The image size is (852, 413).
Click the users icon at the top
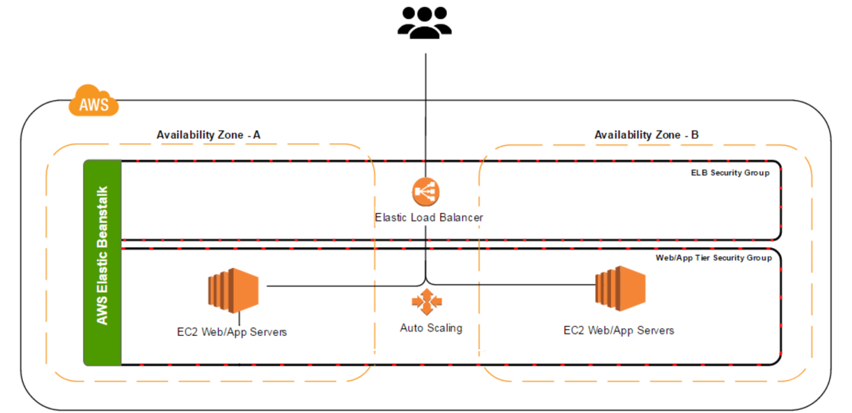[x=425, y=23]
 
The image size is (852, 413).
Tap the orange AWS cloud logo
[x=94, y=102]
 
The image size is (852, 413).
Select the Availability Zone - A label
[x=208, y=135]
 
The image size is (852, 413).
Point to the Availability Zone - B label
[x=646, y=135]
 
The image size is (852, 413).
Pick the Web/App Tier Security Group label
[x=713, y=259]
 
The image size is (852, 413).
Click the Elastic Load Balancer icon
[x=426, y=191]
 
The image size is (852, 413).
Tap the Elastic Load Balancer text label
[x=429, y=218]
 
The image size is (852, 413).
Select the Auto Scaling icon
[x=426, y=302]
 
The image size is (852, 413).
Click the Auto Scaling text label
[x=431, y=328]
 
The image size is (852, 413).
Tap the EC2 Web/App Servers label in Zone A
[x=231, y=332]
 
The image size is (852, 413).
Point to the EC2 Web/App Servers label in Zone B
[x=619, y=331]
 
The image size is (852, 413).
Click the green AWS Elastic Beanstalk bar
[x=102, y=263]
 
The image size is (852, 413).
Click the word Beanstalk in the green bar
[x=102, y=215]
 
